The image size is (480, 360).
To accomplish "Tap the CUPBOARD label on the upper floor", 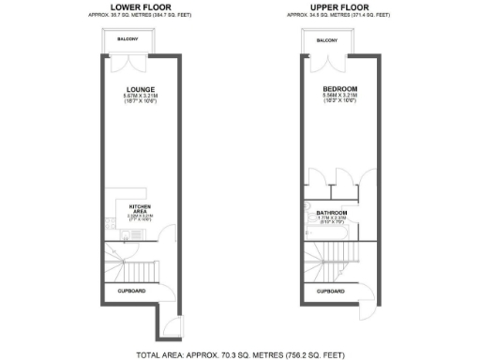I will coord(330,292).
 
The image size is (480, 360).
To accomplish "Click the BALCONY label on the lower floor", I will coord(128,40).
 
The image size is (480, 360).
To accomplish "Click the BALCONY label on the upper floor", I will coord(327,40).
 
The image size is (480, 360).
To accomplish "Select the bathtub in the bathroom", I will coord(309,220).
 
